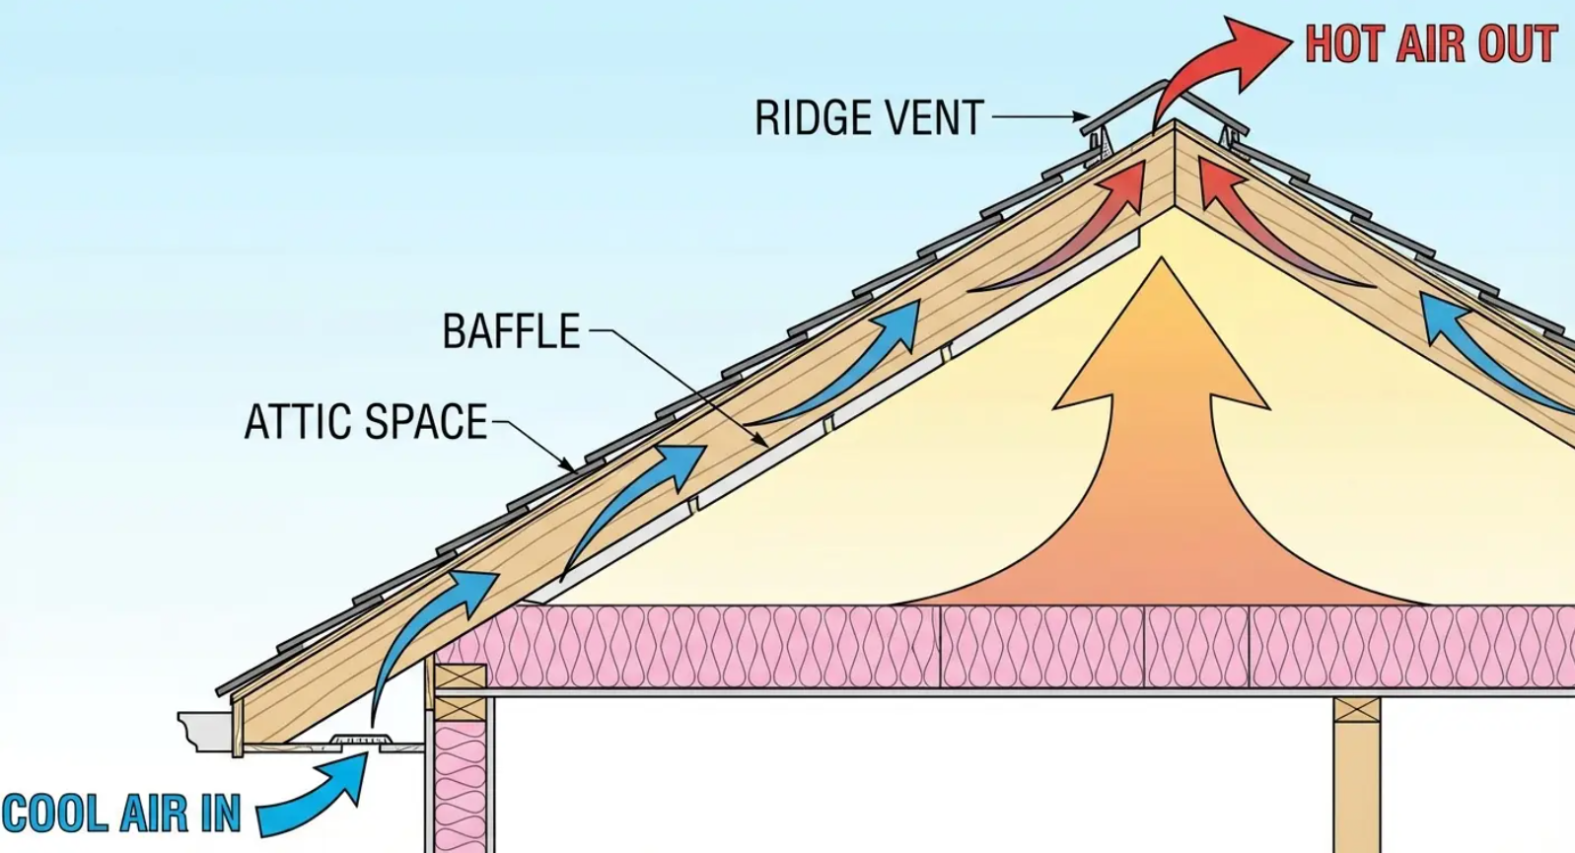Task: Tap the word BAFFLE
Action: (511, 331)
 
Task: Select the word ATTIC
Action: (300, 422)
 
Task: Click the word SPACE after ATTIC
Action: (426, 422)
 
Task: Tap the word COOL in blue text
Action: (55, 815)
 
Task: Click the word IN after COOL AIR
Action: (221, 815)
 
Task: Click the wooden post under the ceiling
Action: (1357, 779)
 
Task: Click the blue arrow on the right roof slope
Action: (1479, 345)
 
